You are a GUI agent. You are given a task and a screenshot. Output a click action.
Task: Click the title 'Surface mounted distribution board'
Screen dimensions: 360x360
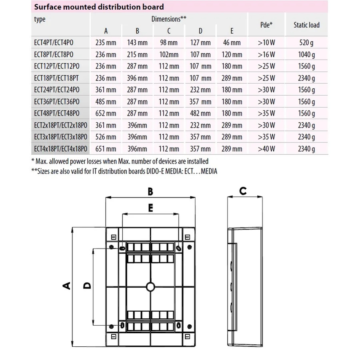[x=99, y=7]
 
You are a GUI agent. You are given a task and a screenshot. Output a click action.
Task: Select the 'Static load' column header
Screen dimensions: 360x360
[x=306, y=25]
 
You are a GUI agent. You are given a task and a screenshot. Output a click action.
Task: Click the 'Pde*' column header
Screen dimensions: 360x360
[x=266, y=25]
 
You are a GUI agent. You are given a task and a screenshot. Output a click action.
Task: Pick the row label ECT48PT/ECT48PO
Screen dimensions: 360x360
[x=56, y=113]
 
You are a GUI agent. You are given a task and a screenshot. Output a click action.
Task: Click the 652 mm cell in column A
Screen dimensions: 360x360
[x=106, y=114]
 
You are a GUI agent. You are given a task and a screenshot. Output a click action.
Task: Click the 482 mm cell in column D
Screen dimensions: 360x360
[x=200, y=114]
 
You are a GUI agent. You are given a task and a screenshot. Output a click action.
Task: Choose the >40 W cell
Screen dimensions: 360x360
[x=266, y=149]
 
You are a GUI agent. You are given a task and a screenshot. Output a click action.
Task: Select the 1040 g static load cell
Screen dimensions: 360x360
[x=306, y=54]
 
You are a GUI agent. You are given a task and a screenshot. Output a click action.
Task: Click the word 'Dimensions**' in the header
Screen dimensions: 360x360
[x=169, y=18]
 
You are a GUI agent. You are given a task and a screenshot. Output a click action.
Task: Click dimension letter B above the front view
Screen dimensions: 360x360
[x=150, y=192]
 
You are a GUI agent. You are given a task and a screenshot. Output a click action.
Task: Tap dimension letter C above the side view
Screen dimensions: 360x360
[x=243, y=191]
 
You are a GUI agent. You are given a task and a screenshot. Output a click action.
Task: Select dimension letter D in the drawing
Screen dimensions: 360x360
[x=87, y=285]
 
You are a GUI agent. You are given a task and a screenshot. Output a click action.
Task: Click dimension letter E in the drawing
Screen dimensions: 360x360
[x=150, y=208]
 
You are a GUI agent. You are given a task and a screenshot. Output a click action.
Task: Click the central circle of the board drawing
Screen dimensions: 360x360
[x=150, y=286]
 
